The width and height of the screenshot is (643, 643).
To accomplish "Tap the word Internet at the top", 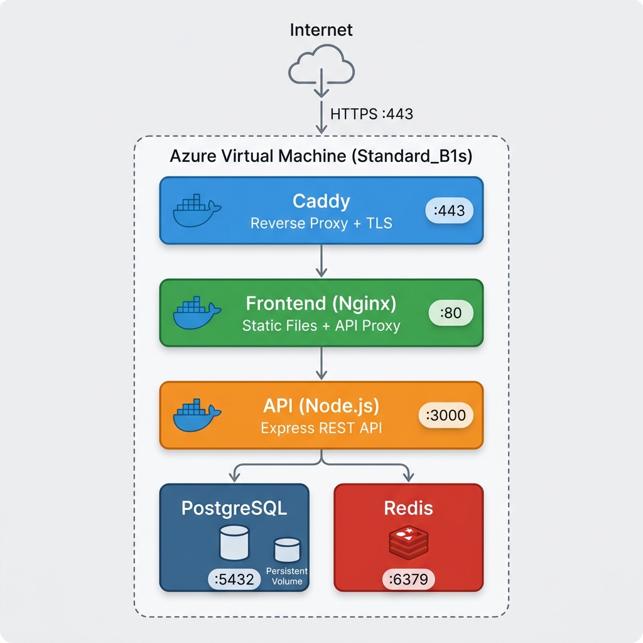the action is tap(321, 30).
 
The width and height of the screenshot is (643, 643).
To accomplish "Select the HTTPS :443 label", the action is tap(372, 114).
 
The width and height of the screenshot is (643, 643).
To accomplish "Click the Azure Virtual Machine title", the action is tap(321, 156).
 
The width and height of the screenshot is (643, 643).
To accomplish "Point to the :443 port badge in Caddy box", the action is tap(449, 210).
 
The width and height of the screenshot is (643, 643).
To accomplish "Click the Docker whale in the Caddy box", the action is tap(197, 210).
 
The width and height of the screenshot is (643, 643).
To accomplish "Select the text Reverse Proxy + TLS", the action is tap(321, 223).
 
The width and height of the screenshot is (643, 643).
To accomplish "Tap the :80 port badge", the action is tap(451, 313).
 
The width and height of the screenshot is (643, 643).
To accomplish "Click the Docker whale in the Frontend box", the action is tap(197, 313).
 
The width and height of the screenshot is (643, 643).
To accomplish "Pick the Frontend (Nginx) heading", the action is tap(321, 303).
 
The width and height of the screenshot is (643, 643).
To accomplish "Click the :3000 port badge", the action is tap(446, 415).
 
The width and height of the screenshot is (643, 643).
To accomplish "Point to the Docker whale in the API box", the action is tap(197, 415).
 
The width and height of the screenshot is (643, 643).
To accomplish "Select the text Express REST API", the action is tap(321, 428).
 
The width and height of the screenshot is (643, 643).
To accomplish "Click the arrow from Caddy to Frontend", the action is tap(321, 261).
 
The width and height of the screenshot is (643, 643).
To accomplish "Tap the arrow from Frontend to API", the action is tap(321, 364).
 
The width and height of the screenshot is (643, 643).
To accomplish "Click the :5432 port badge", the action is tap(234, 579).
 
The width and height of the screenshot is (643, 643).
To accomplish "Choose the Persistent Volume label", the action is tap(286, 576).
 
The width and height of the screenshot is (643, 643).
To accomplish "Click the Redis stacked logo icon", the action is tap(408, 543).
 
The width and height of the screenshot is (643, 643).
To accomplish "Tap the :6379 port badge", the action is tap(408, 579).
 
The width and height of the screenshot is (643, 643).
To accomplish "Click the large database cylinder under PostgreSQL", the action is tap(234, 543).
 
